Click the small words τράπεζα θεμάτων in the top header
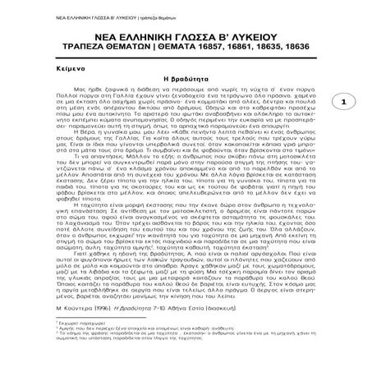[132, 7]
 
